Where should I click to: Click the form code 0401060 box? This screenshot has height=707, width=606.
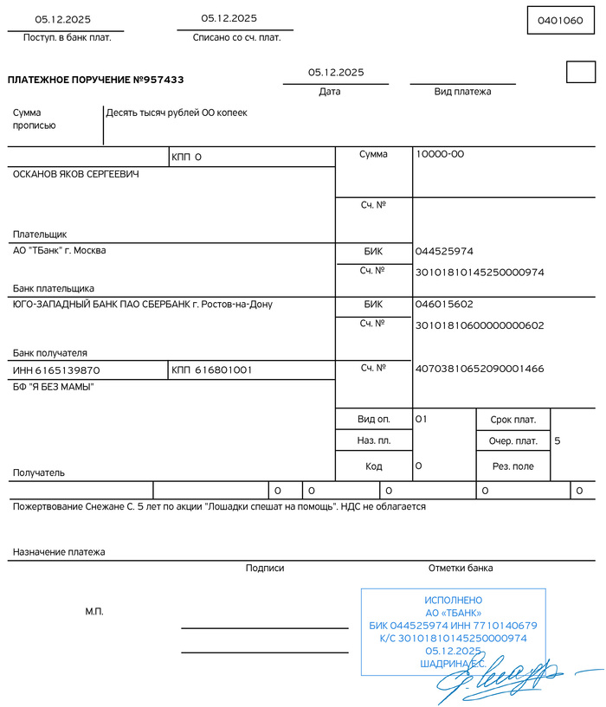pyautogui.click(x=561, y=20)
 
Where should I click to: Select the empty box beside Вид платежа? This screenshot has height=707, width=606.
pyautogui.click(x=580, y=73)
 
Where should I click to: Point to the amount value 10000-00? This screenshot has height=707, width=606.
pyautogui.click(x=440, y=154)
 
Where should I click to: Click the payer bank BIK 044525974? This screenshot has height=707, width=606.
pyautogui.click(x=444, y=252)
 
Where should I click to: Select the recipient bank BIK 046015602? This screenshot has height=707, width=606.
pyautogui.click(x=444, y=305)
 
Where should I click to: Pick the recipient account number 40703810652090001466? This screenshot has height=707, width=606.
pyautogui.click(x=480, y=369)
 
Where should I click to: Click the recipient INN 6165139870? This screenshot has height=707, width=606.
pyautogui.click(x=56, y=370)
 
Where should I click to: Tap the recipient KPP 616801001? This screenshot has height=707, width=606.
pyautogui.click(x=212, y=370)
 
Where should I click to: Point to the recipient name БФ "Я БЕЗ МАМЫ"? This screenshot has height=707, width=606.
pyautogui.click(x=53, y=387)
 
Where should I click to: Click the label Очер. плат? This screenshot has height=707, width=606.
pyautogui.click(x=513, y=441)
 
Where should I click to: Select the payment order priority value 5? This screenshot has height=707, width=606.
pyautogui.click(x=558, y=441)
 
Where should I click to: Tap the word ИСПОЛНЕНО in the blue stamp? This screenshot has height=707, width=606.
pyautogui.click(x=453, y=600)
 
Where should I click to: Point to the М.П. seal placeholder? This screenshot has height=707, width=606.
pyautogui.click(x=94, y=612)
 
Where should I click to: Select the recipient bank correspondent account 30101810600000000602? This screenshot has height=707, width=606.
pyautogui.click(x=480, y=325)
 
